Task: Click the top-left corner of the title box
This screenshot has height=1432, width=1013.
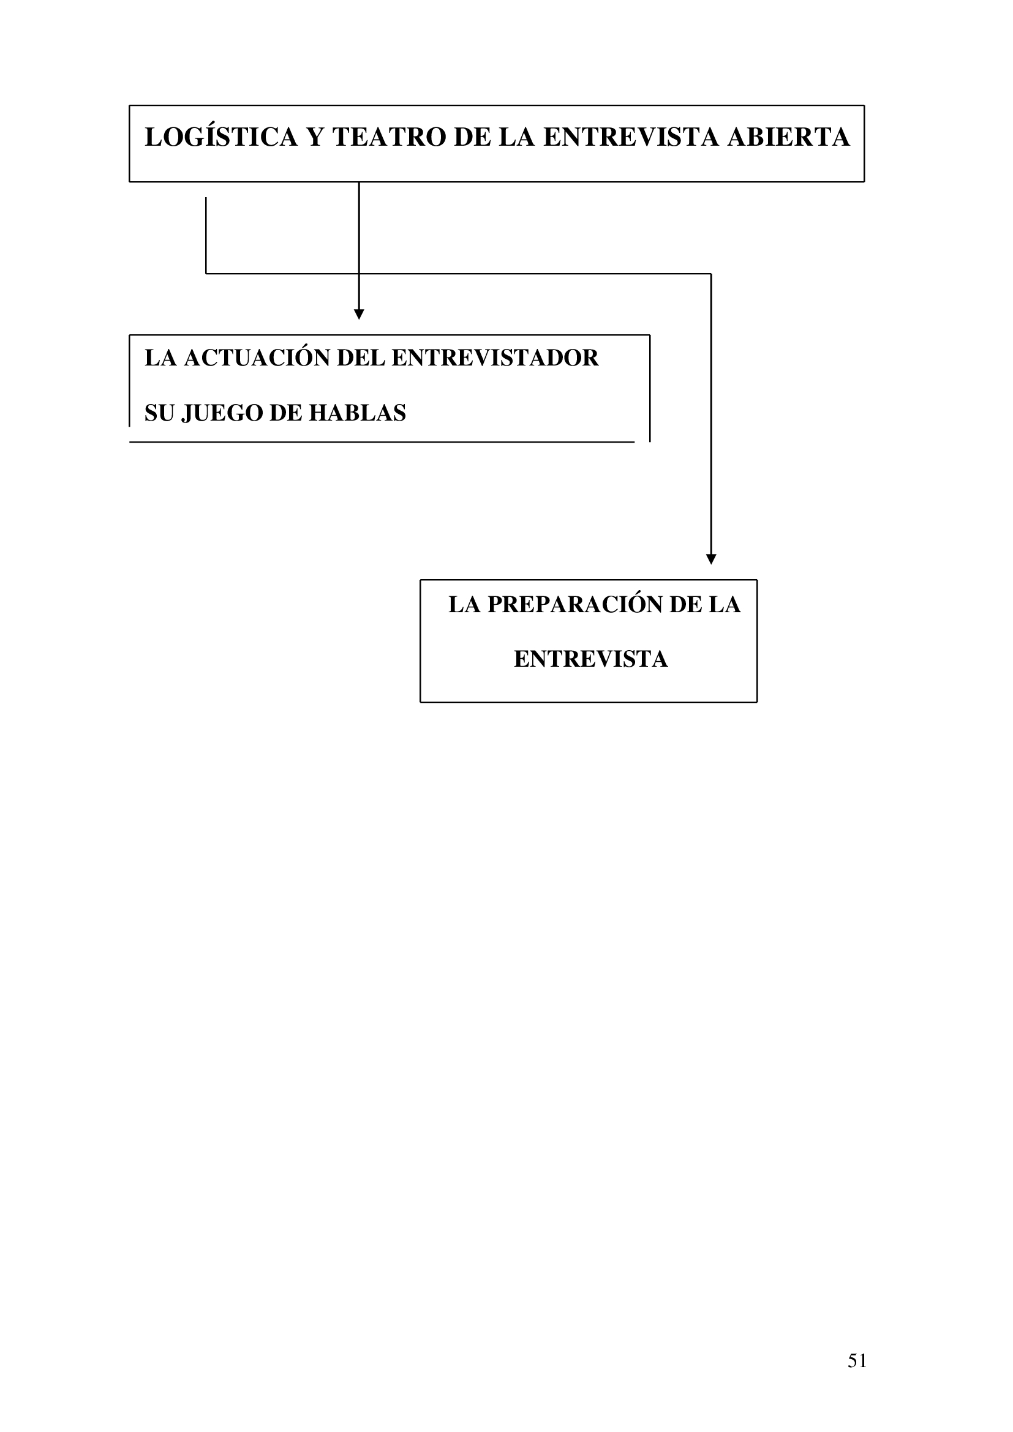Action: coord(130,105)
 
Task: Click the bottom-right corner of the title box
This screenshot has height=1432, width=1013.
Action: coord(864,181)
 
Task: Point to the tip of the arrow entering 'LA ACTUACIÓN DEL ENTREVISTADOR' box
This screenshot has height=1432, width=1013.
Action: coord(359,320)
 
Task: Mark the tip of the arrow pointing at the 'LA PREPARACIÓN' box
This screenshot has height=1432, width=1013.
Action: coord(711,564)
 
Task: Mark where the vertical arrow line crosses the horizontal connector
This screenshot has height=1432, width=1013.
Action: coord(359,273)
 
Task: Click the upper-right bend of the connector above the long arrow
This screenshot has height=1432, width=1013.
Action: coord(711,273)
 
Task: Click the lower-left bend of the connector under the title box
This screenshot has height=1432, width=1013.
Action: coord(206,273)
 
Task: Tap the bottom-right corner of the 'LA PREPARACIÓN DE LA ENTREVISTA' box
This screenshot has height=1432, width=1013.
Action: coord(756,702)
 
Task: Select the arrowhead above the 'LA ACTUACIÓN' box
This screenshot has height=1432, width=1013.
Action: coord(359,314)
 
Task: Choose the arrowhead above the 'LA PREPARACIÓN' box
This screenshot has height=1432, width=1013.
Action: coord(711,560)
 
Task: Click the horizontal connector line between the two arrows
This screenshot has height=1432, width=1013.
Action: coord(459,273)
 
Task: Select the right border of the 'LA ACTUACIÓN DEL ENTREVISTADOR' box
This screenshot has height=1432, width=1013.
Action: coord(650,388)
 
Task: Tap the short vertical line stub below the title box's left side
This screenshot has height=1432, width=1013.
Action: coord(206,235)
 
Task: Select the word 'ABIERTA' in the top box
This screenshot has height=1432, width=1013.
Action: coord(788,137)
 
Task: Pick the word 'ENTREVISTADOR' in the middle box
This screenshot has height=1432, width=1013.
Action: coord(495,358)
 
